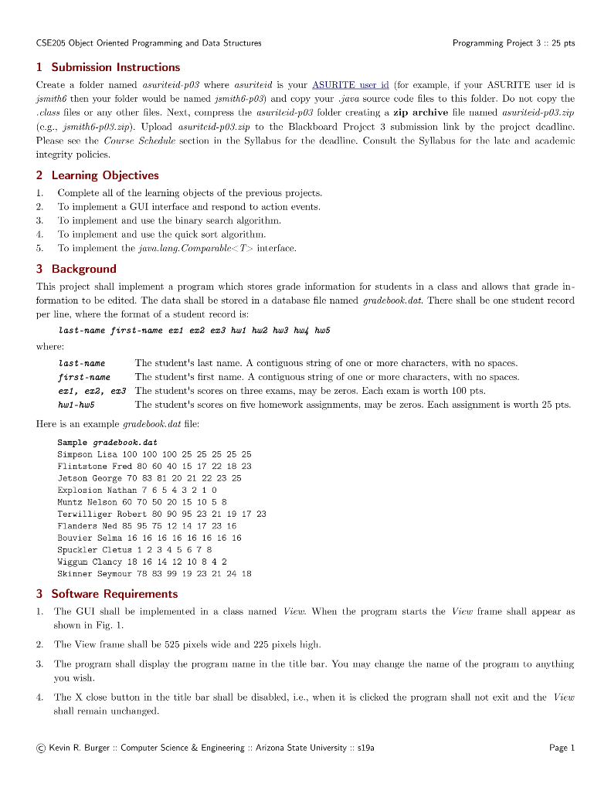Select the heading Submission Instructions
coord(115,67)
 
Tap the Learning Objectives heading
coord(105,175)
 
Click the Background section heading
coord(83,269)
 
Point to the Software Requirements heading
coord(114,594)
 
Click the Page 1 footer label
coord(562,747)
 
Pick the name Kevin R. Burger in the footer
coord(80,747)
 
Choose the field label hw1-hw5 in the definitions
coord(76,404)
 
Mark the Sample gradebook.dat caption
coord(107,443)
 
